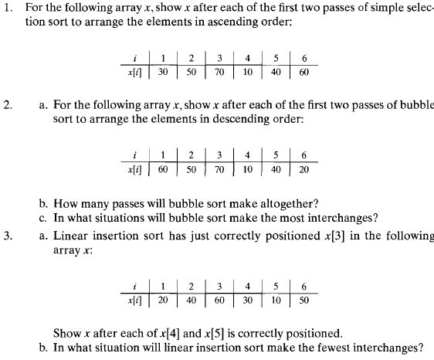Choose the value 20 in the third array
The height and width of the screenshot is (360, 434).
point(163,299)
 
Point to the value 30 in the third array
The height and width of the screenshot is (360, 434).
point(248,299)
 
